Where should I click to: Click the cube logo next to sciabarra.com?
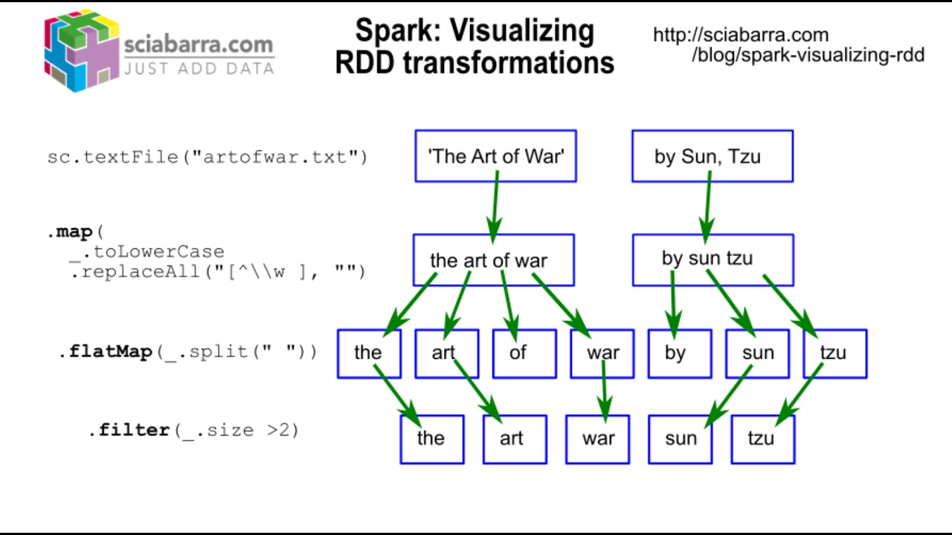point(82,51)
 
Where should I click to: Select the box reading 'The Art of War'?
point(495,156)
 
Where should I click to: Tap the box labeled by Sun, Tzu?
point(712,156)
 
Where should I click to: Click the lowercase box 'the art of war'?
point(493,260)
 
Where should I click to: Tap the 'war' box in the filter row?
point(597,439)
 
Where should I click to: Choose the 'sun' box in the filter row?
point(680,439)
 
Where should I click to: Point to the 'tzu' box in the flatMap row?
point(834,354)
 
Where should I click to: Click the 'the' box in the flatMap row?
point(369,354)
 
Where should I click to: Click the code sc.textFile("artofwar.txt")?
point(208,158)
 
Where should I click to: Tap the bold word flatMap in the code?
point(110,351)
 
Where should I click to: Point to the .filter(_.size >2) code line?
point(193,430)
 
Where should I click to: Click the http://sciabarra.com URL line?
point(740,35)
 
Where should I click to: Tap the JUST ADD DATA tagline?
point(199,69)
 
